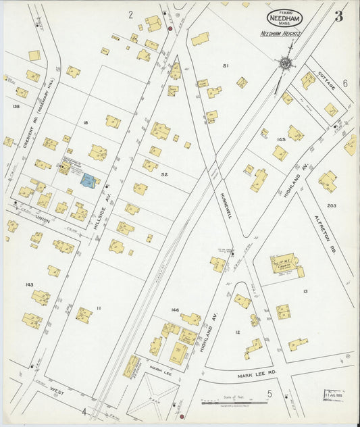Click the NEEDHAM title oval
[284, 18]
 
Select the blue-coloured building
[88, 180]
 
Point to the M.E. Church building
[284, 264]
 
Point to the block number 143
[29, 284]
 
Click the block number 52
[163, 174]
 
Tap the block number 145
[281, 139]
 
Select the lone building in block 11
[84, 315]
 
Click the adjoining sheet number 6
[344, 84]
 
